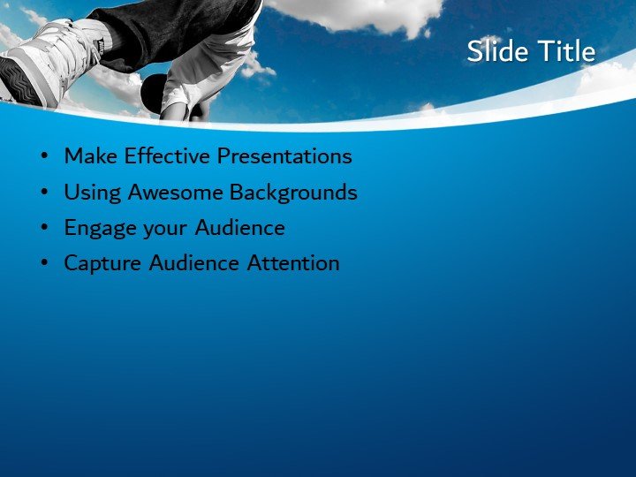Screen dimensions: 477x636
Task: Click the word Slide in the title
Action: [x=497, y=51]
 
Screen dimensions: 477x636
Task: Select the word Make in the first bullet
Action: [x=91, y=156]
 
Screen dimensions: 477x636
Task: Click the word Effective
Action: [x=167, y=156]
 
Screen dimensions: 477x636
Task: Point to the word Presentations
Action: [x=284, y=156]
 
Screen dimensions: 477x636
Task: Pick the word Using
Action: [x=92, y=192]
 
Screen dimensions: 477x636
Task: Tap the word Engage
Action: [x=96, y=228]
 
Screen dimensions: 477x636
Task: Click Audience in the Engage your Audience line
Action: [x=240, y=227]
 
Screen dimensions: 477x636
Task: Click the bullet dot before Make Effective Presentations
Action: [x=44, y=157]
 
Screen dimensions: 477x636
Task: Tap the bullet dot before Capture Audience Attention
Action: [x=44, y=263]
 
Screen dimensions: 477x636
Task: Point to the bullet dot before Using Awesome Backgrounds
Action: [x=44, y=193]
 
